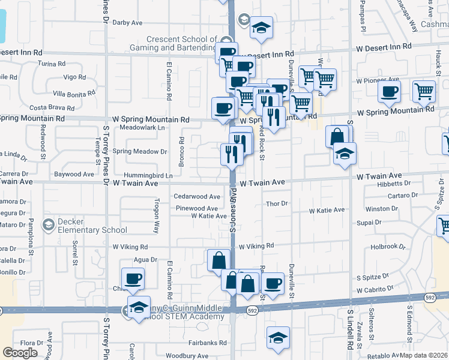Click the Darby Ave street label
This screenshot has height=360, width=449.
[127, 23]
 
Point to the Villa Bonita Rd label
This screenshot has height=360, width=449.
[74, 94]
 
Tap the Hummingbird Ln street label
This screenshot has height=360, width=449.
[148, 175]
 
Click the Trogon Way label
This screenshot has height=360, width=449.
[157, 216]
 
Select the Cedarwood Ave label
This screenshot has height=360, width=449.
[197, 196]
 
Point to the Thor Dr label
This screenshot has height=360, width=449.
[277, 203]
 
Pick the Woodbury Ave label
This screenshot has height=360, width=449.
[187, 356]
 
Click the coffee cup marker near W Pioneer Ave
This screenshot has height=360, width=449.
[389, 92]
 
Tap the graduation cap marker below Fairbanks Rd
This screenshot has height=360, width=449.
[279, 337]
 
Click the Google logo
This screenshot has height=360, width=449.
[20, 353]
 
